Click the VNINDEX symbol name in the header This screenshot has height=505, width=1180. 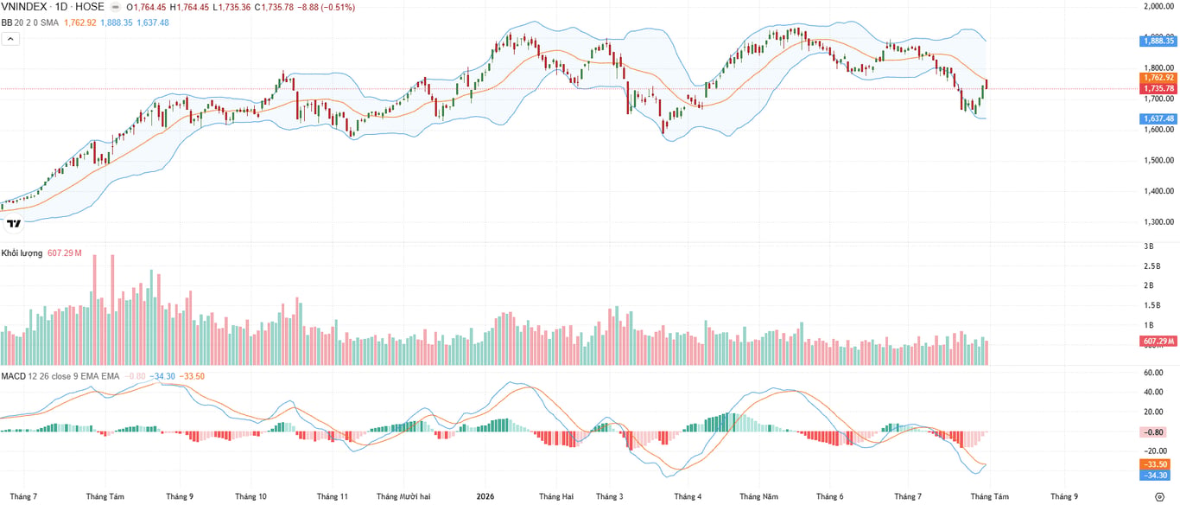[25, 7]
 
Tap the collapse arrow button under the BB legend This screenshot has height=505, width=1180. [10, 39]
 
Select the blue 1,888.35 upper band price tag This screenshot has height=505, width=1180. [1158, 42]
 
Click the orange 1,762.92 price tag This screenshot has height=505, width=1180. [1158, 78]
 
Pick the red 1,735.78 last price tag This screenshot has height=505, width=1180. [1158, 88]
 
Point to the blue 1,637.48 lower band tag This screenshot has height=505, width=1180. [1158, 118]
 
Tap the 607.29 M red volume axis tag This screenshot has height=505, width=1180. [1158, 342]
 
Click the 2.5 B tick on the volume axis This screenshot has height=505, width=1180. [1152, 266]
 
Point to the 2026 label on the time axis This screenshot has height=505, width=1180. [485, 496]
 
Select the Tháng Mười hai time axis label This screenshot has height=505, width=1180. [403, 496]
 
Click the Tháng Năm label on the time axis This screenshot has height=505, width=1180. [758, 496]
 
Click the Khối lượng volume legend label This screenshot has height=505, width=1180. [22, 253]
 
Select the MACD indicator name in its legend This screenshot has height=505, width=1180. [13, 376]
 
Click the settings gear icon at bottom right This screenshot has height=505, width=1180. [1159, 496]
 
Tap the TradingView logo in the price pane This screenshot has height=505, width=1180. [14, 223]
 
